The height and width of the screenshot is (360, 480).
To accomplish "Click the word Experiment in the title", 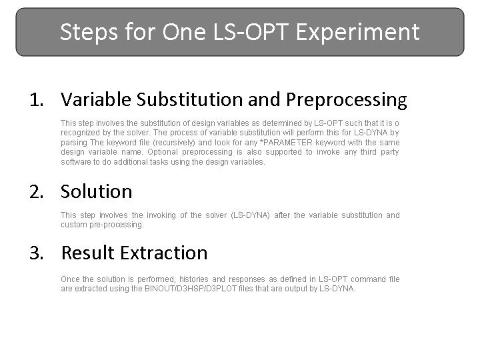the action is (357, 33).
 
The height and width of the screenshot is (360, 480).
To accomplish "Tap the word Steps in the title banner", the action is (89, 33).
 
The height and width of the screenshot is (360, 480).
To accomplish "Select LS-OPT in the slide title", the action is (251, 32).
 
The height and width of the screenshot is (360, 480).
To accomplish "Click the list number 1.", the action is (37, 100).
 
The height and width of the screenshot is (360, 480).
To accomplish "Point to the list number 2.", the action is (37, 192).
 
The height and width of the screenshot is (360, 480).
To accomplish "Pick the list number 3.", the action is (37, 253).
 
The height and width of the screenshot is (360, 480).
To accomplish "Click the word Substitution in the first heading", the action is (189, 99).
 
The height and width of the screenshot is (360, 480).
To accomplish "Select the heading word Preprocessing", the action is (347, 100).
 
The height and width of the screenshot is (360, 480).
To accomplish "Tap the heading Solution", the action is (97, 191).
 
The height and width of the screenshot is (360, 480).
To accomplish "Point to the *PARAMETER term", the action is (285, 143).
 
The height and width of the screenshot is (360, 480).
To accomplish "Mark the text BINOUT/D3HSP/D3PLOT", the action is (191, 289).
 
